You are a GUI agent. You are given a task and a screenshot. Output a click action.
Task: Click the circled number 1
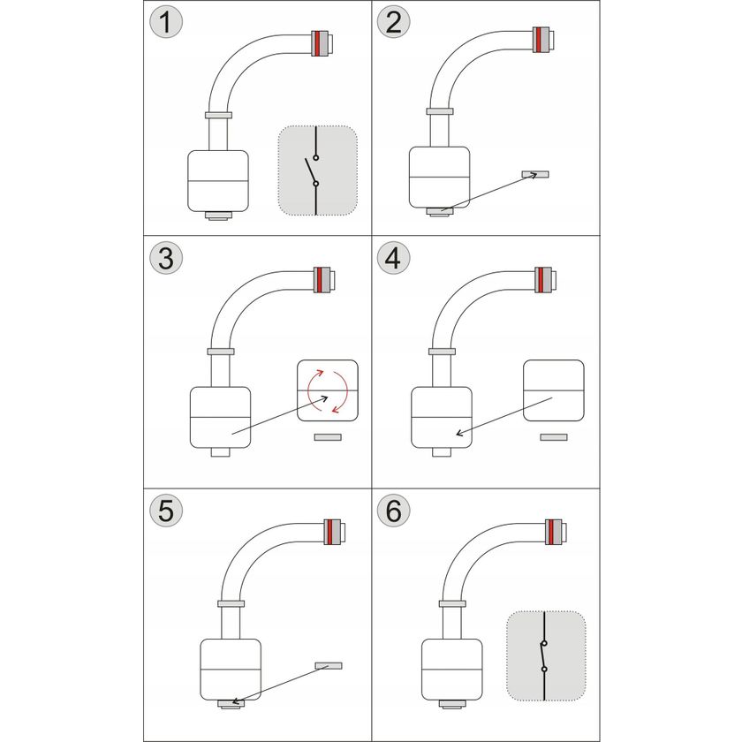point(166,23)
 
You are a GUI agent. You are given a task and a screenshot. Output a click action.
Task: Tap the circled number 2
point(393,22)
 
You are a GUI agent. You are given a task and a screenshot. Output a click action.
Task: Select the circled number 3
point(166,258)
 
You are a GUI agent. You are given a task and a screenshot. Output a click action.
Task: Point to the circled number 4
point(393,258)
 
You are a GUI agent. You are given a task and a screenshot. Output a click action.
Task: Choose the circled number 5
point(166,511)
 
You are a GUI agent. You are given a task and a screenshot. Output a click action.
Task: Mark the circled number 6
point(393,511)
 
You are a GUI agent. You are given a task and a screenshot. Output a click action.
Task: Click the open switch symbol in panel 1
point(314,170)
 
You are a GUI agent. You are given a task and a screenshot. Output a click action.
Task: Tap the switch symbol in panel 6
point(544,655)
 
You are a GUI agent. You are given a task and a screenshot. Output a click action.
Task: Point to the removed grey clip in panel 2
point(535,174)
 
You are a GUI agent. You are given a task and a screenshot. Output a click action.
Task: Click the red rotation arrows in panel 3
point(328,390)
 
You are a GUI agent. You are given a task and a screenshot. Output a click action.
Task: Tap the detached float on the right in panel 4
point(553,390)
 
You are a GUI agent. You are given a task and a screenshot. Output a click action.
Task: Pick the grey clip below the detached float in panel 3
point(328,436)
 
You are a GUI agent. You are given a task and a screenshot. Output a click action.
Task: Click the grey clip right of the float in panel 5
point(329,665)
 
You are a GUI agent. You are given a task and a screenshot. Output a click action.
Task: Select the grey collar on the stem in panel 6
point(452,604)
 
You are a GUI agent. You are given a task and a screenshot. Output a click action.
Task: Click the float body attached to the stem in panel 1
point(218,181)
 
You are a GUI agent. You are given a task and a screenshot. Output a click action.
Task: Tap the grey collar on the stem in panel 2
point(440,111)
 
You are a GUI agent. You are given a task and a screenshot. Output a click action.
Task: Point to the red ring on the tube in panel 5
point(329,532)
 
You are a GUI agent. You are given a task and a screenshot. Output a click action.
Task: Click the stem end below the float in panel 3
point(221,452)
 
